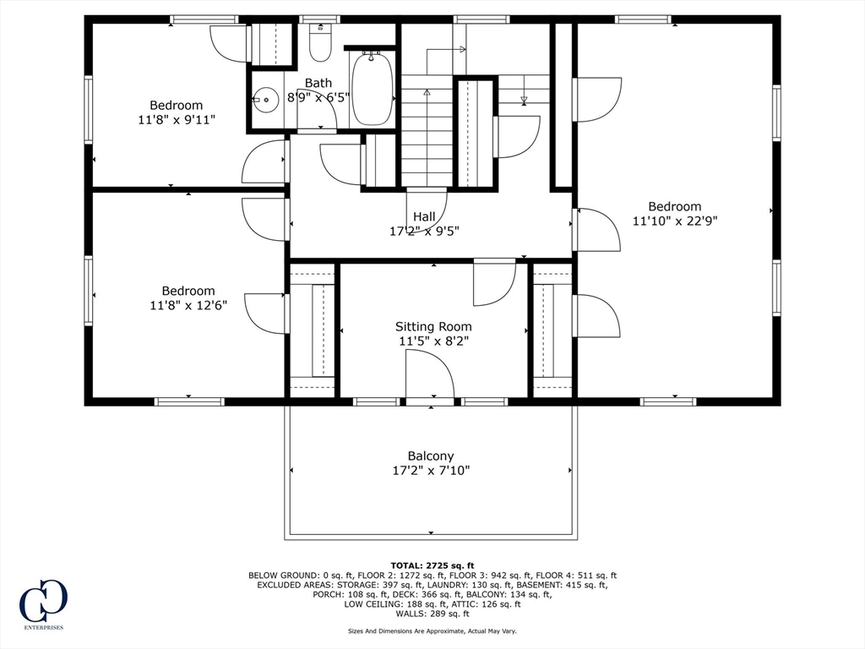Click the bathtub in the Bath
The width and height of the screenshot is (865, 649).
pos(372,89)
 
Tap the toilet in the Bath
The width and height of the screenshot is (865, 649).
pos(319,44)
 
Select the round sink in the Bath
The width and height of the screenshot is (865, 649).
pos(266,100)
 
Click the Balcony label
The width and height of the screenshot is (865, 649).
pos(431,455)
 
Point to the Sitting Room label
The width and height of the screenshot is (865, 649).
pos(433,326)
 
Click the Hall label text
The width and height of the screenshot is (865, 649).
pos(424,216)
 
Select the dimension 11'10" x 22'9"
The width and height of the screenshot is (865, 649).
pos(675,221)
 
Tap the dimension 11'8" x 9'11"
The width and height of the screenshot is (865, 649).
pos(177,120)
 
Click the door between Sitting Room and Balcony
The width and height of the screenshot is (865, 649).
pos(430,375)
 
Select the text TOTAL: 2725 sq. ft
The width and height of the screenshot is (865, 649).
pos(432,565)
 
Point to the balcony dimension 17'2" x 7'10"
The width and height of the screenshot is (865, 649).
pos(431,471)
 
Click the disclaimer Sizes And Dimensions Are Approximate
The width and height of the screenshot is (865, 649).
pos(432,631)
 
